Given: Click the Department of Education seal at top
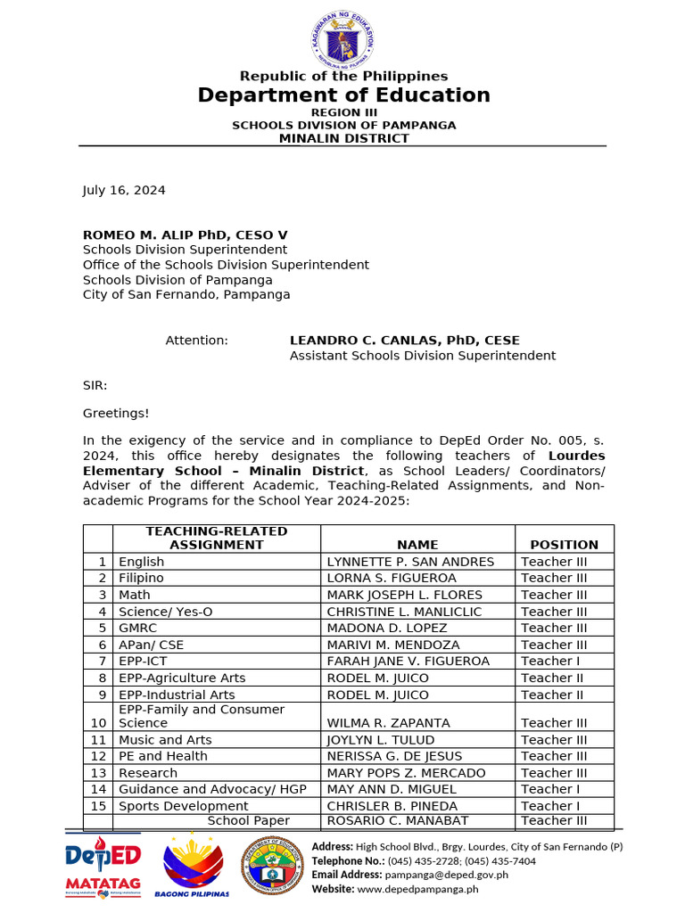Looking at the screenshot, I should point(342,40).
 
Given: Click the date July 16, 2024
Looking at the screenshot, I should point(124,190).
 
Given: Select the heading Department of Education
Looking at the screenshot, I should point(343,95).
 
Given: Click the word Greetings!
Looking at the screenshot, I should point(116,413).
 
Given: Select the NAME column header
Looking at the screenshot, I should point(417,544).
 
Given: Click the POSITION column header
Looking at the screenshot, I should point(564,544).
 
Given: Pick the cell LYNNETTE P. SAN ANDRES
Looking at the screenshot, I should point(410,562).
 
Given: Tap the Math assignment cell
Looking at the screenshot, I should point(135,595).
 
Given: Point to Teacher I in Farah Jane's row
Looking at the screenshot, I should point(546,661).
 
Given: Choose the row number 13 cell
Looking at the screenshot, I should point(98,773).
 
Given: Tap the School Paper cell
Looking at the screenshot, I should point(248,820).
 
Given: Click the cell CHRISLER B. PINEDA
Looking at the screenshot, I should point(392,806).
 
